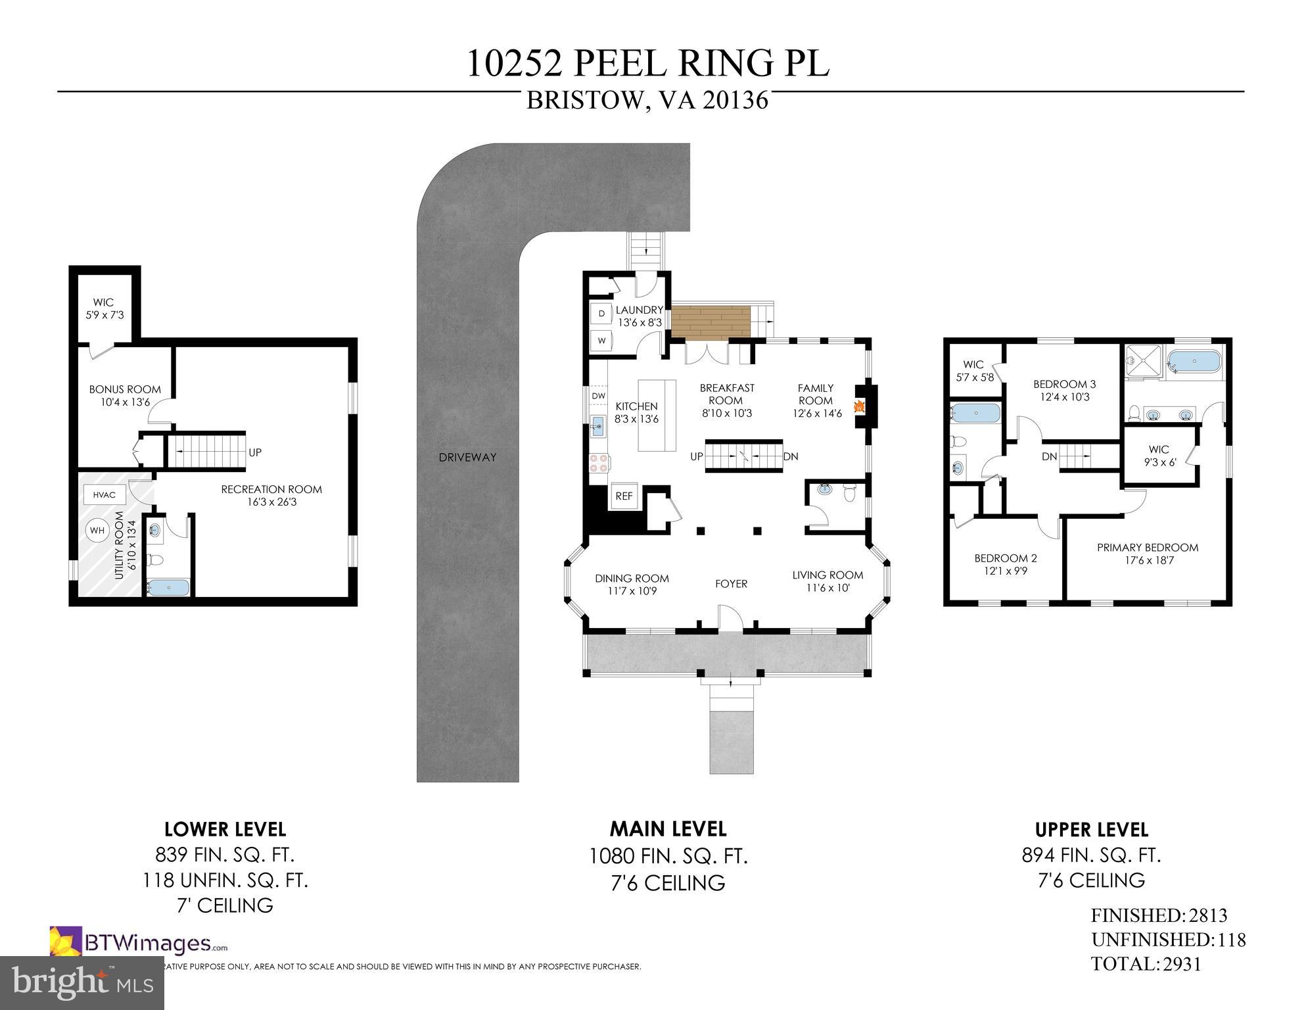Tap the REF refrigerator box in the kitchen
[x=623, y=496]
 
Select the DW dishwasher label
[x=598, y=396]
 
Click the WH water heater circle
[x=97, y=530]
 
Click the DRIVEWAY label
[x=467, y=457]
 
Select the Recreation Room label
[x=271, y=489]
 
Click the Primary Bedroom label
[x=1147, y=547]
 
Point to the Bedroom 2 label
[x=1005, y=558]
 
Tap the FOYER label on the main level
[x=731, y=583]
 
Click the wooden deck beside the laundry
[x=711, y=323]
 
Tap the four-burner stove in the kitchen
[x=598, y=463]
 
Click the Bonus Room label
[x=125, y=389]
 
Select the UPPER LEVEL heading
[x=1091, y=830]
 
